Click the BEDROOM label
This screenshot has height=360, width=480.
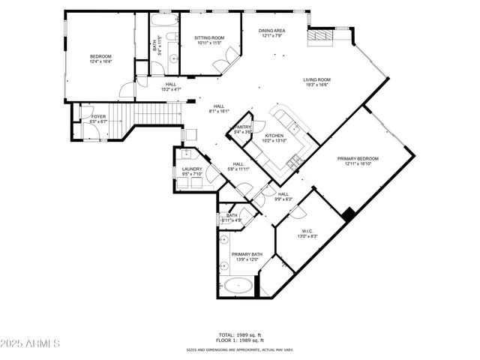(100, 56)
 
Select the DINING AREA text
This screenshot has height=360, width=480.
(271, 31)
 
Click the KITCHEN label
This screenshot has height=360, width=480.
(273, 136)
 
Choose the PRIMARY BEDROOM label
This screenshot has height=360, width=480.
(357, 158)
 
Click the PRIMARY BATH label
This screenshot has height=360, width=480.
(246, 254)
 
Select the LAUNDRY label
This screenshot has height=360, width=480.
(192, 169)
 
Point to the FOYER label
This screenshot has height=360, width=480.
(98, 116)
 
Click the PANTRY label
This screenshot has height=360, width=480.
(243, 127)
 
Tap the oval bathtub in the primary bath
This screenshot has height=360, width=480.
(238, 286)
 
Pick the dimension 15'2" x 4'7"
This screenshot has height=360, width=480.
(171, 89)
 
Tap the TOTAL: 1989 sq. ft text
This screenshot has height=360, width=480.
(240, 334)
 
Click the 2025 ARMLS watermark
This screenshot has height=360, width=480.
(30, 343)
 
